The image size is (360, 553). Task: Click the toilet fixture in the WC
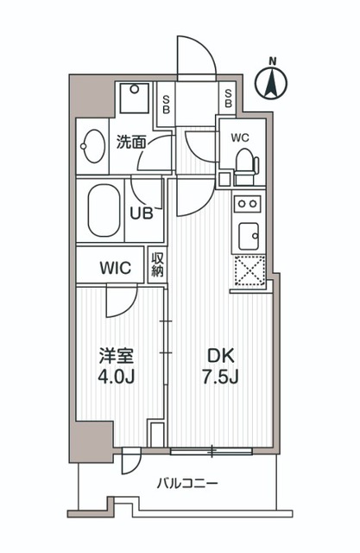[245, 162]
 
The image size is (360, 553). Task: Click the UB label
[142, 213]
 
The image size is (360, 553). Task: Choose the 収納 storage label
[157, 264]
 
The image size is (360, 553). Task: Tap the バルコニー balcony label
[187, 483]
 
